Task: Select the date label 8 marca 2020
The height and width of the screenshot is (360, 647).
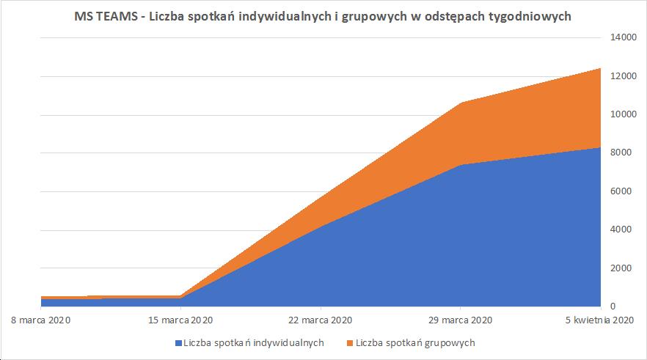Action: click(x=41, y=320)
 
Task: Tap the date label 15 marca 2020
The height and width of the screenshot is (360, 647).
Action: click(x=181, y=320)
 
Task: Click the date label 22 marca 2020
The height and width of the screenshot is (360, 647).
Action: click(x=321, y=320)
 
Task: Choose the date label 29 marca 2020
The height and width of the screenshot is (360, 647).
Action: click(x=460, y=320)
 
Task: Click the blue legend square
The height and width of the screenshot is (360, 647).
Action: click(x=178, y=343)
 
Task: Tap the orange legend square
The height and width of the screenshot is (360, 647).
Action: click(x=350, y=343)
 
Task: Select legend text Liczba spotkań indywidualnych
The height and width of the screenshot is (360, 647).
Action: click(x=254, y=342)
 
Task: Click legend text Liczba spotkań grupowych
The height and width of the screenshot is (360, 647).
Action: click(x=415, y=342)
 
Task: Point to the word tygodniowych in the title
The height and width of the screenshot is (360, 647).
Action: click(x=526, y=17)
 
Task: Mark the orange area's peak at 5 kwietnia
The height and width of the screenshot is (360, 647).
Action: click(x=599, y=69)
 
